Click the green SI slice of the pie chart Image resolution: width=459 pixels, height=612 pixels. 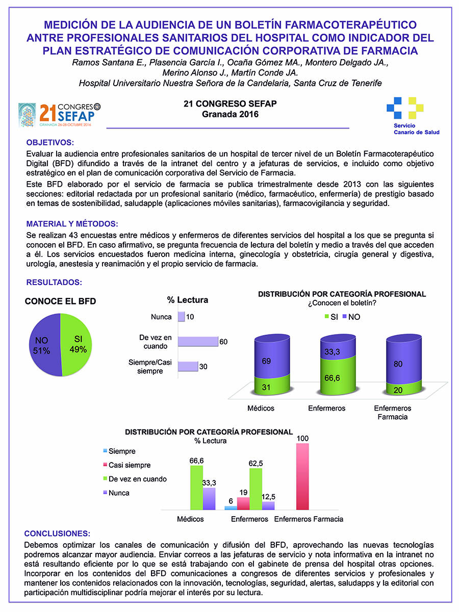click(x=76, y=345)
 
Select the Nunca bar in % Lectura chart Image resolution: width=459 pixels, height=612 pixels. click(x=181, y=317)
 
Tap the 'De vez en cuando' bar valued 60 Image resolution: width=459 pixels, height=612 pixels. click(x=198, y=342)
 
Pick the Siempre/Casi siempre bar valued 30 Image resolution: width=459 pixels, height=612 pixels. click(x=188, y=366)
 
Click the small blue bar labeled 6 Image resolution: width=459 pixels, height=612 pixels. click(x=231, y=507)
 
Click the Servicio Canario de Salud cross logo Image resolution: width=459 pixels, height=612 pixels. click(x=405, y=108)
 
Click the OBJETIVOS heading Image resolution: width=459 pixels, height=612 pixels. click(x=50, y=142)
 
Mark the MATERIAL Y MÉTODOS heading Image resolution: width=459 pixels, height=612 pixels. click(x=72, y=224)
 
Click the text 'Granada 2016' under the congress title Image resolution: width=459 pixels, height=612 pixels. click(x=229, y=114)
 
